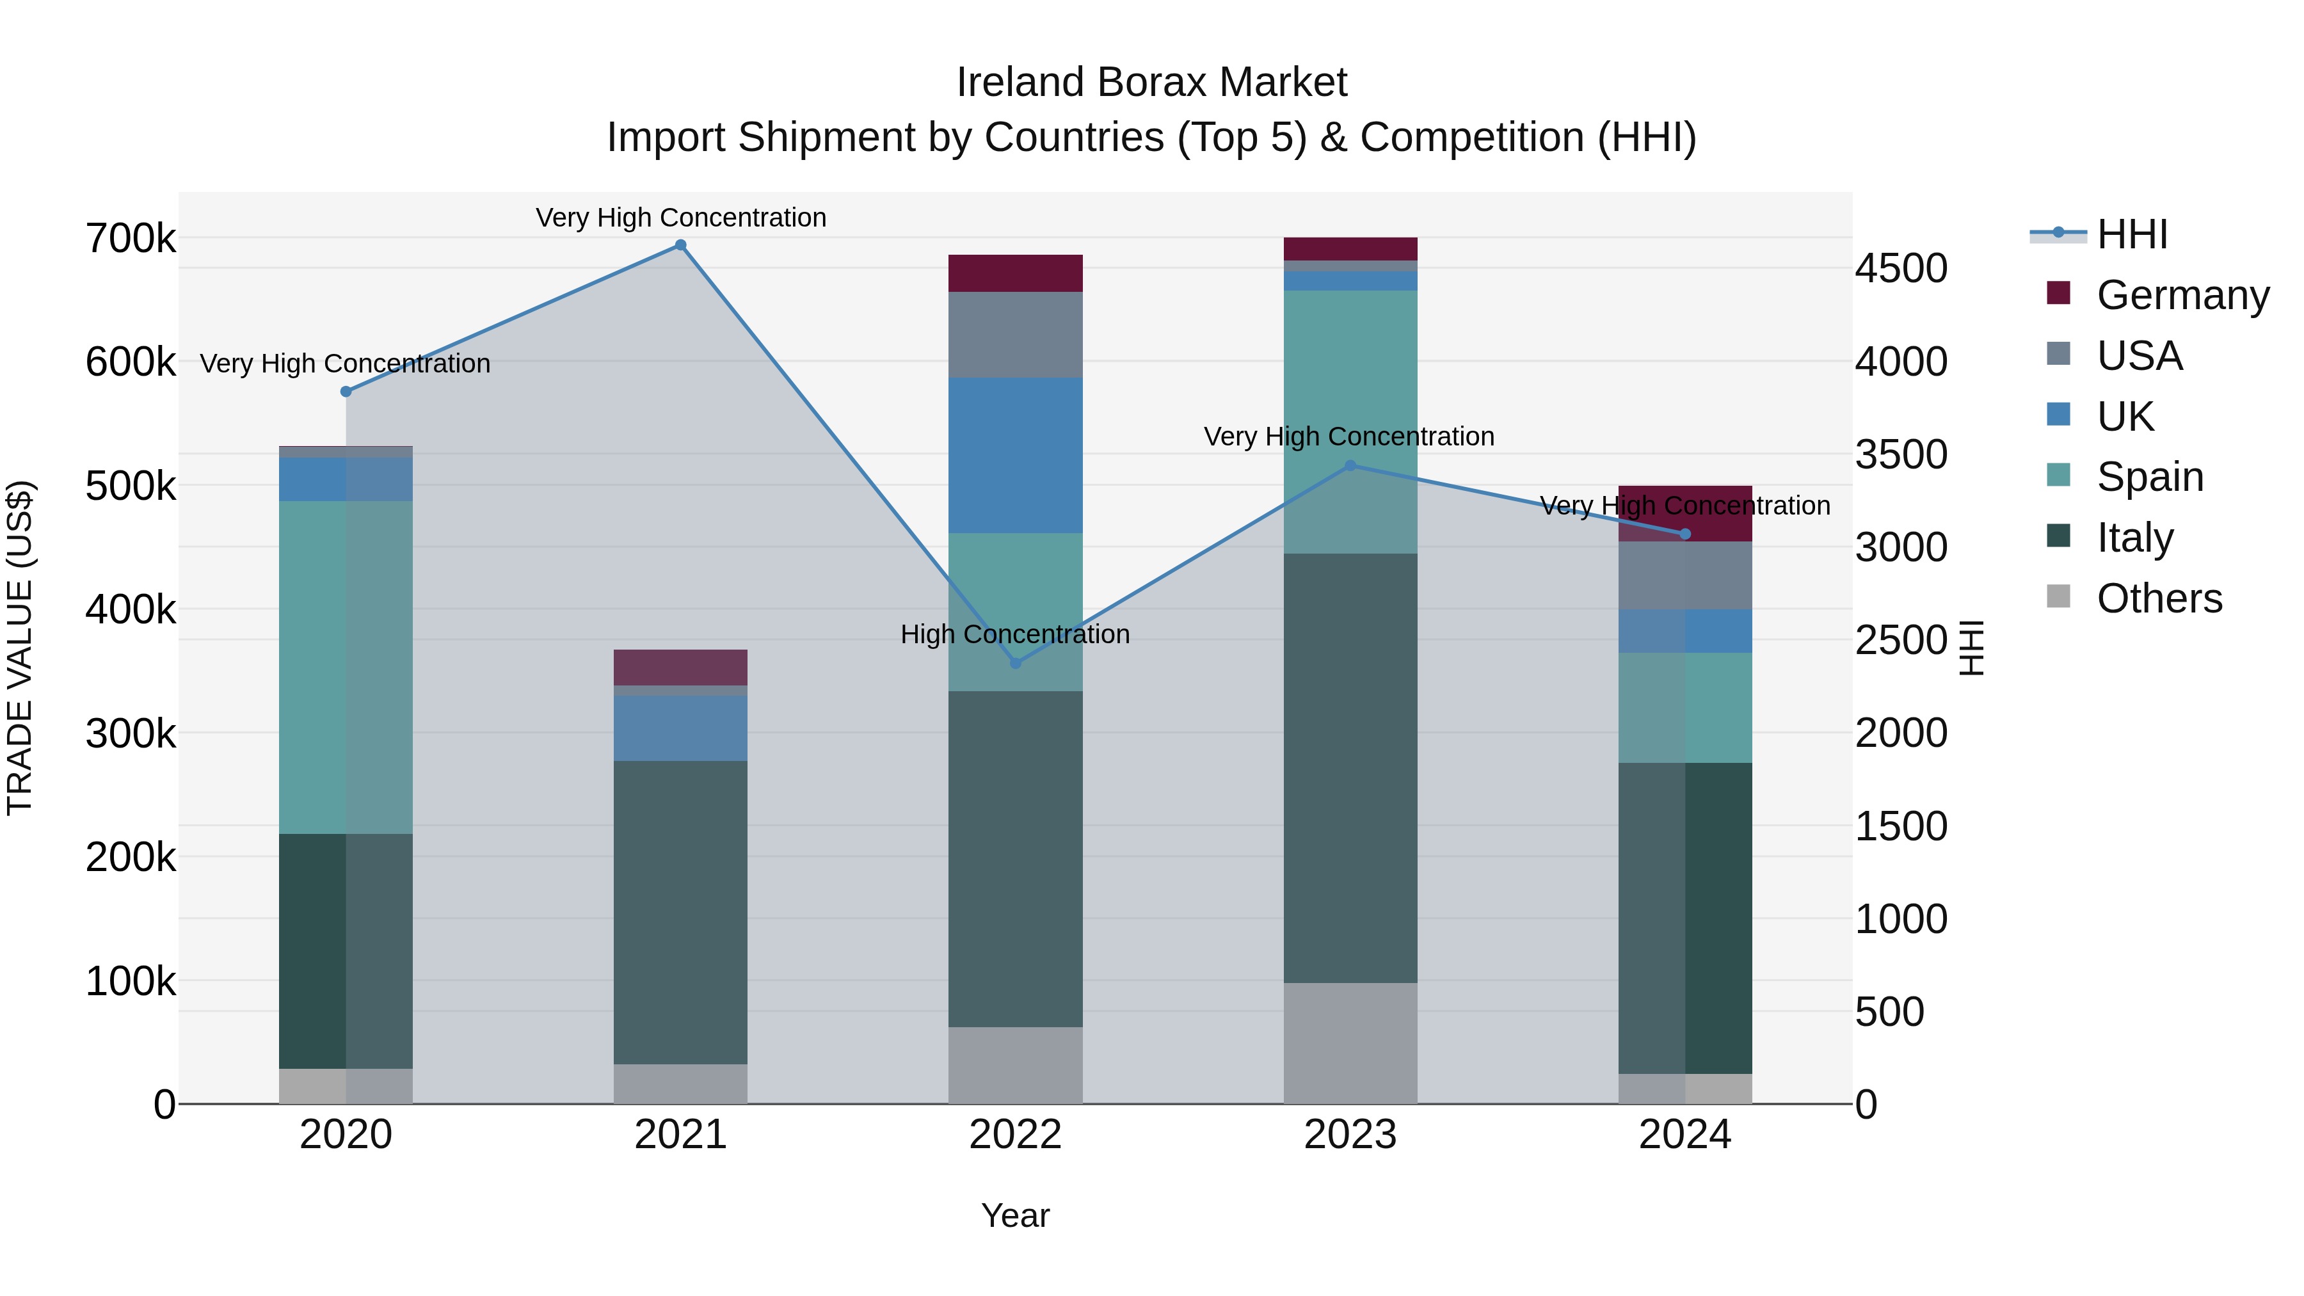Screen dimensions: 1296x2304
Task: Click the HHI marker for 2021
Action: click(681, 245)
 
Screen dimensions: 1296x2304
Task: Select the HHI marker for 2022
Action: click(1015, 663)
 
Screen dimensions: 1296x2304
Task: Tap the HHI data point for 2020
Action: click(346, 392)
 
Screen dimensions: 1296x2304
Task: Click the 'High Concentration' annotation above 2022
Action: click(1015, 634)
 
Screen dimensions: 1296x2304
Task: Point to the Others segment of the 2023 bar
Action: click(1350, 1043)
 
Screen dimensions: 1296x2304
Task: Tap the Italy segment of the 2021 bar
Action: click(681, 912)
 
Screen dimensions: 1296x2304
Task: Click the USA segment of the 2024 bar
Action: click(1685, 575)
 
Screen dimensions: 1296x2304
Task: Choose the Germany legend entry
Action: click(2182, 295)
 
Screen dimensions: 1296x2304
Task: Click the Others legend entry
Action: click(2159, 598)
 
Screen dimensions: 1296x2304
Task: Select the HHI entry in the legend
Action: click(2132, 234)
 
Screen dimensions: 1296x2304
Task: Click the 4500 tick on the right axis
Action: click(1901, 268)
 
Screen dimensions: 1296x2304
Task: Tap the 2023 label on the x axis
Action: click(1350, 1135)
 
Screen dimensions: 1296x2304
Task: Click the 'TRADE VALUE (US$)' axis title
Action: click(20, 648)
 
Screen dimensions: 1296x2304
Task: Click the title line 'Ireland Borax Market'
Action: click(1151, 83)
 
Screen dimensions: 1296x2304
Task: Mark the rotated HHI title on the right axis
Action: click(1971, 648)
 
